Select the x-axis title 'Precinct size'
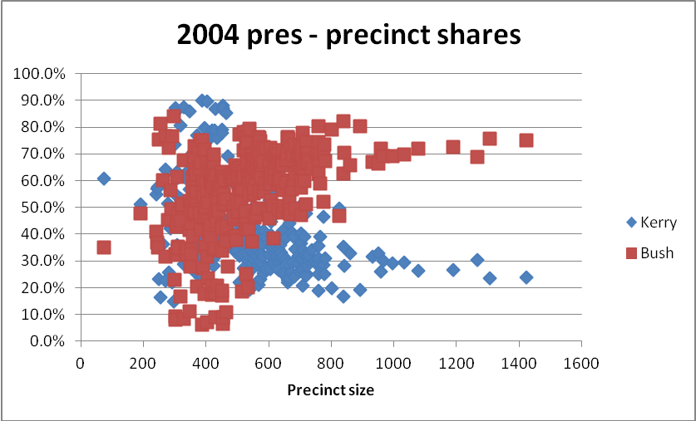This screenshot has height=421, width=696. click(330, 389)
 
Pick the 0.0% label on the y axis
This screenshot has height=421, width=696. click(45, 340)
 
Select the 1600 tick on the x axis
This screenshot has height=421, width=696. click(581, 362)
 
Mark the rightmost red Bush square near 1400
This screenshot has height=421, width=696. click(526, 140)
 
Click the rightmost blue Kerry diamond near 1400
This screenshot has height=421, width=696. click(526, 277)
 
